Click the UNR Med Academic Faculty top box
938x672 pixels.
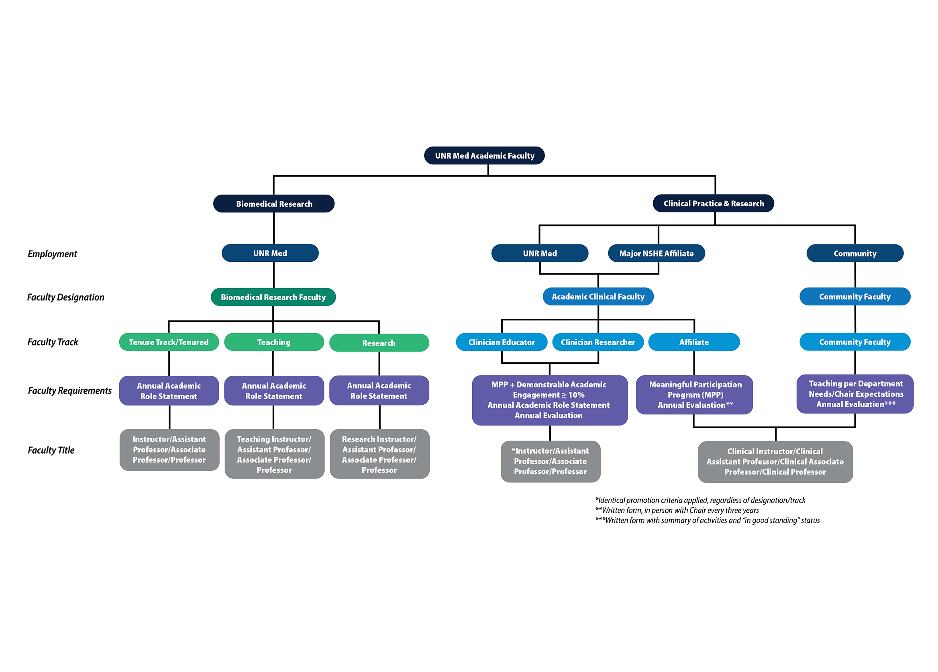pos(484,155)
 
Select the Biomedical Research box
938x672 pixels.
pos(274,204)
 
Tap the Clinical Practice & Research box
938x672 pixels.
pos(713,203)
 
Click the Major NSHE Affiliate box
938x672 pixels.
pos(656,253)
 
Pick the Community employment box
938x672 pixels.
pos(854,253)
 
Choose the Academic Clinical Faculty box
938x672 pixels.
pos(597,297)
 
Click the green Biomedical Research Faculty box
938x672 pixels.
pos(273,297)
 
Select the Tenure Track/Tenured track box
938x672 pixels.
pos(169,342)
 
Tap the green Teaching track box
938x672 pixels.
pos(274,342)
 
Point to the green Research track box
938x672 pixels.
pos(379,343)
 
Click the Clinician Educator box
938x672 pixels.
pos(501,342)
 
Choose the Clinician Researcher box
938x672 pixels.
pos(597,342)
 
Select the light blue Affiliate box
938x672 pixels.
pos(693,342)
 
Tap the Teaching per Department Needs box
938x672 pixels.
pos(855,394)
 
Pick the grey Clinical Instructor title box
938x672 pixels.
pos(775,462)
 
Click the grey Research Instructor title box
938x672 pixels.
pos(379,454)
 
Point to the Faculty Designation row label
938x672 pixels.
pos(65,297)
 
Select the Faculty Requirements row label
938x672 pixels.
pos(69,390)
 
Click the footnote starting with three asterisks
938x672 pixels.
pos(707,520)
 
